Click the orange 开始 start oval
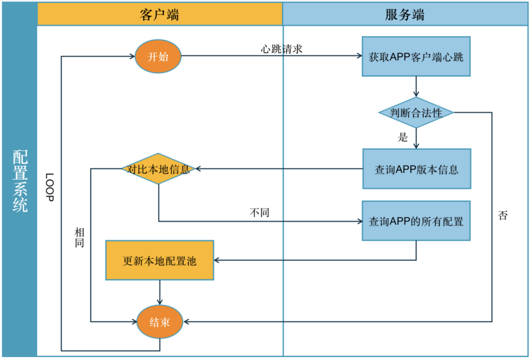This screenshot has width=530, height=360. click(158, 56)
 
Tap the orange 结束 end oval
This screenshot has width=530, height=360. click(159, 322)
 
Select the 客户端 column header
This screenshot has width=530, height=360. click(159, 14)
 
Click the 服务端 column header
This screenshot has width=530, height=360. click(405, 14)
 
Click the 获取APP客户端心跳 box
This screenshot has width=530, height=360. click(416, 56)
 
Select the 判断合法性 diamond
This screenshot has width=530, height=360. click(416, 113)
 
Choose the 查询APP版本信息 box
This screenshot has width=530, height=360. click(417, 169)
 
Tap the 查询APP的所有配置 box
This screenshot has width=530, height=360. click(416, 221)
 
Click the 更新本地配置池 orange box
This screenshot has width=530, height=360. click(159, 260)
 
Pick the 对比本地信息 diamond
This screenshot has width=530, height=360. click(159, 169)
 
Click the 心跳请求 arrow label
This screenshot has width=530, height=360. click(281, 49)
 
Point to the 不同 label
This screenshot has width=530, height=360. click(260, 213)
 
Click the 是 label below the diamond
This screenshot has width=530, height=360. click(403, 138)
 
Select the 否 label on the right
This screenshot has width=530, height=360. click(503, 215)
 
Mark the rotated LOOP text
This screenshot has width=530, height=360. click(49, 187)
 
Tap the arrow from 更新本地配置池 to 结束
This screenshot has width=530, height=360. click(159, 293)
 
